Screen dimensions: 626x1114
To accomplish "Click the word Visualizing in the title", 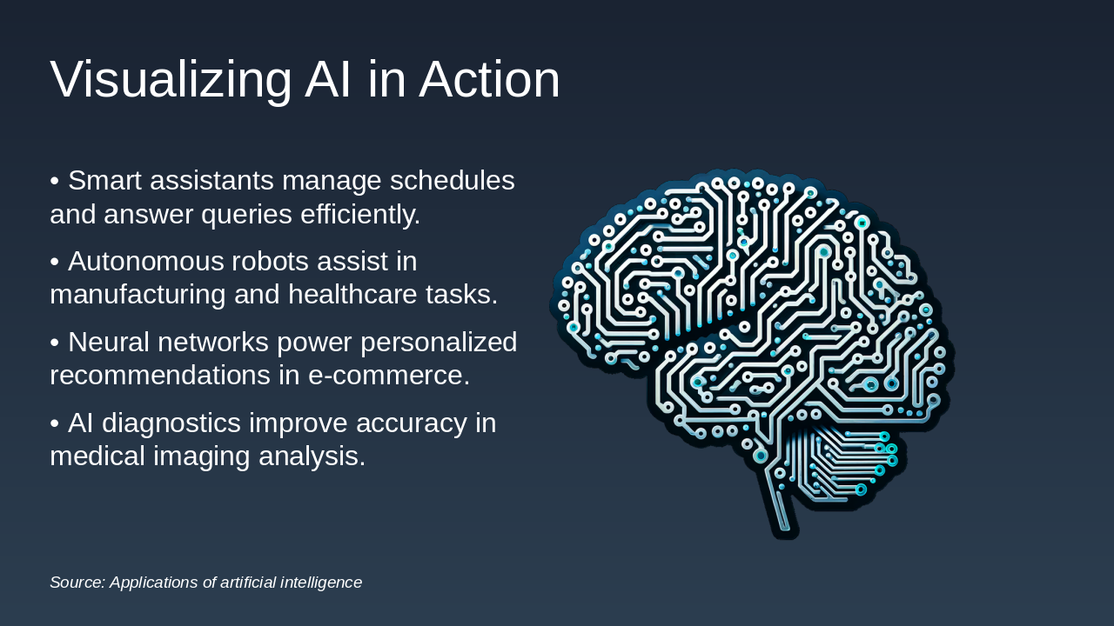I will click(x=171, y=80).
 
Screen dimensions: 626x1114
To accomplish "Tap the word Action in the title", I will click(x=489, y=80).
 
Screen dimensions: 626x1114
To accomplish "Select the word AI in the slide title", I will click(x=329, y=80).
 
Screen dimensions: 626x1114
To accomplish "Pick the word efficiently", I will click(x=360, y=214).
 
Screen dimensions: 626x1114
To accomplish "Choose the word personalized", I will click(x=439, y=343).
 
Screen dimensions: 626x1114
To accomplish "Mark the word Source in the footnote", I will click(x=77, y=583).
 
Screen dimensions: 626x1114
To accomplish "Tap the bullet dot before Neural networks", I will click(x=55, y=343).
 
